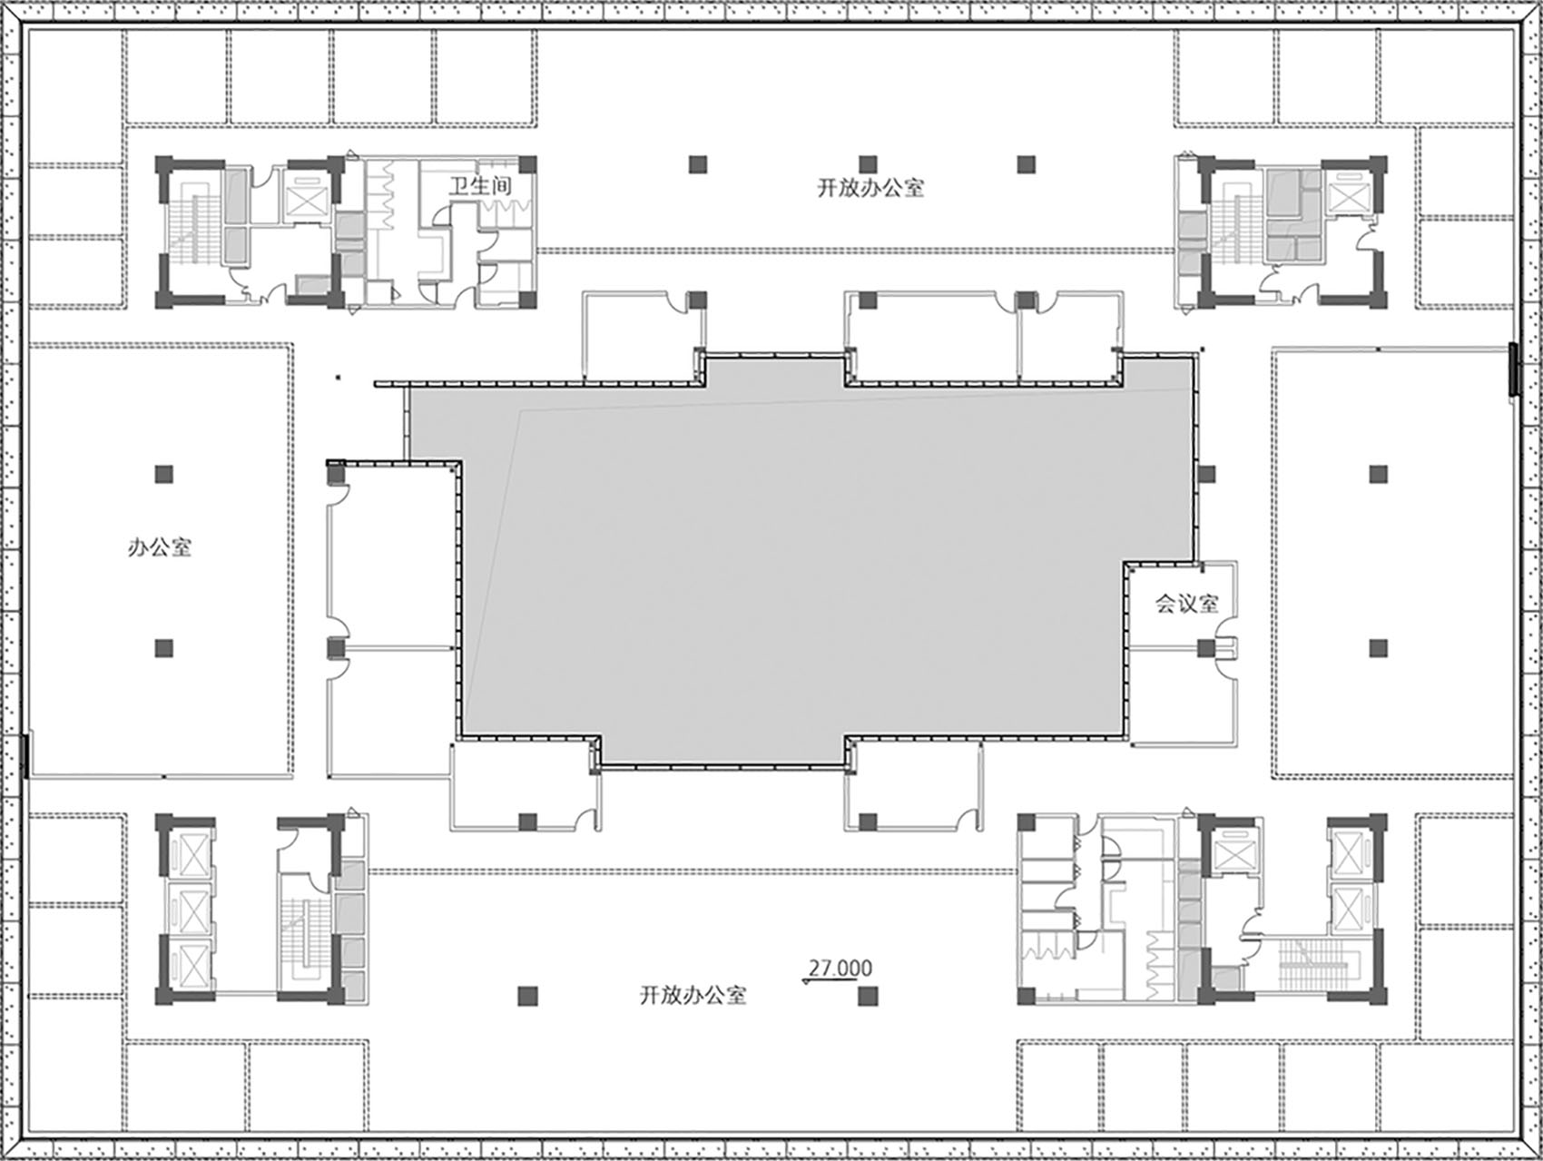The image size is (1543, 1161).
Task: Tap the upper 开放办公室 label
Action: (x=870, y=189)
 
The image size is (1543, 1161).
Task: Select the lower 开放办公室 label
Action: (x=693, y=995)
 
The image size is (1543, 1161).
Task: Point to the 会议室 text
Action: (x=1186, y=604)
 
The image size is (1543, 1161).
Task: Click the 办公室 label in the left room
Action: (x=160, y=547)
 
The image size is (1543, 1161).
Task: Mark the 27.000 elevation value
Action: (x=840, y=969)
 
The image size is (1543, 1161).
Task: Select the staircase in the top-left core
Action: (x=198, y=222)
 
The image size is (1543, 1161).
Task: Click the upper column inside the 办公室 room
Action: (x=163, y=474)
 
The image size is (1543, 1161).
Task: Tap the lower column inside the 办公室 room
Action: (x=163, y=647)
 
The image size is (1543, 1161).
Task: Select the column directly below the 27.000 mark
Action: (x=868, y=997)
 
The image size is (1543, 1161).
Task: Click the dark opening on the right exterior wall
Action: (x=1514, y=368)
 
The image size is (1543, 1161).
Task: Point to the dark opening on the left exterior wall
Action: (x=26, y=755)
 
